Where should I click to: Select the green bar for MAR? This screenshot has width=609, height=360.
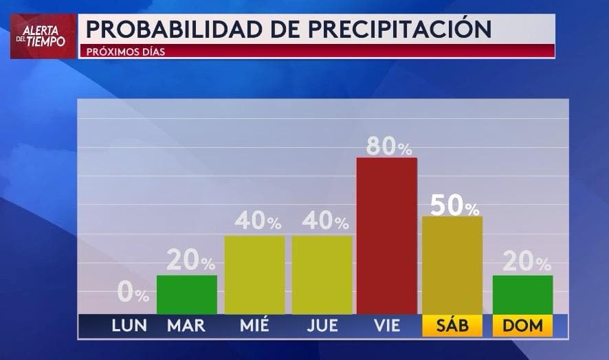[186, 295]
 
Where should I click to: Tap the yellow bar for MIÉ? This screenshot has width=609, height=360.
[254, 275]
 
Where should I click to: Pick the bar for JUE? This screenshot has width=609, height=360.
[322, 275]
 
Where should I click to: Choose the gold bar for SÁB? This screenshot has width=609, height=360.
[452, 265]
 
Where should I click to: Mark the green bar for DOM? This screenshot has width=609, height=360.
[522, 295]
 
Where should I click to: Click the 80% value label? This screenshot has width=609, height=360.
[388, 146]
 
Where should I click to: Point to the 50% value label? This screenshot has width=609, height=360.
[454, 205]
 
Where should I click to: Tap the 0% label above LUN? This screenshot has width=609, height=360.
[133, 293]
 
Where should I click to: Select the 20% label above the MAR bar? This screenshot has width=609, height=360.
[190, 261]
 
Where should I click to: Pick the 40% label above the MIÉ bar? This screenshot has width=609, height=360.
[257, 221]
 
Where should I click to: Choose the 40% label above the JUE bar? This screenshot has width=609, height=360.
[324, 221]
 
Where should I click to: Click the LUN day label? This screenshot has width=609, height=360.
[129, 326]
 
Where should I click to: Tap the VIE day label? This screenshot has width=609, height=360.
[386, 326]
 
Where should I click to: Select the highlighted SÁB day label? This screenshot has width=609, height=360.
[452, 326]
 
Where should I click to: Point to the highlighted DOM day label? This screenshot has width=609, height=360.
[522, 326]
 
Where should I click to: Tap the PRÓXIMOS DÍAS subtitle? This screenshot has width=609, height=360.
[126, 52]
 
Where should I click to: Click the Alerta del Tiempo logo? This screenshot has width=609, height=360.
[43, 36]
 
